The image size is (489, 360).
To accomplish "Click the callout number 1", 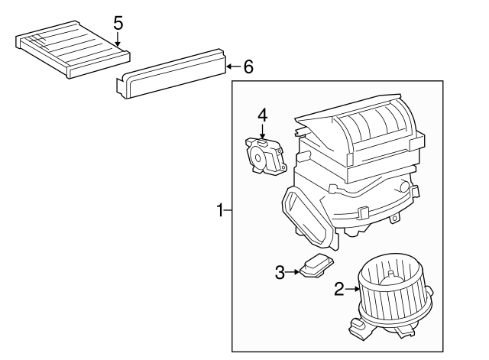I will (220, 209).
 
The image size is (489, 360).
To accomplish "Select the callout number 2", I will (338, 289).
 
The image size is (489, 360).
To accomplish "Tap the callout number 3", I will (280, 271).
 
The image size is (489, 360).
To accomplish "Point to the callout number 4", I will (262, 115).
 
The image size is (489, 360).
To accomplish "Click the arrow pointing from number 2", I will (352, 289).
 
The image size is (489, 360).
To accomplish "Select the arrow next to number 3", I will (294, 271).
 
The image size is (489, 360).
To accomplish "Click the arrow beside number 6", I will (233, 66).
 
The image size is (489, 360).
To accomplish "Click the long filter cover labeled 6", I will (171, 74).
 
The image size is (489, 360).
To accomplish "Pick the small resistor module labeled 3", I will (315, 268).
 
